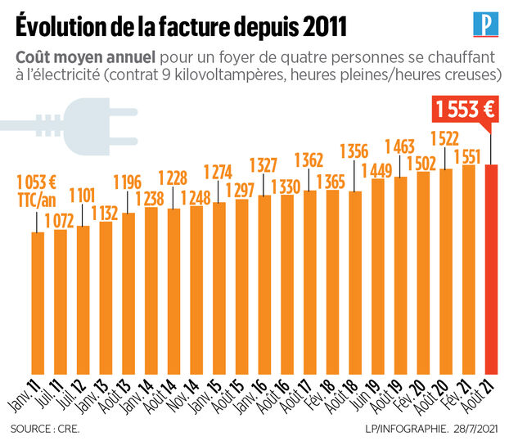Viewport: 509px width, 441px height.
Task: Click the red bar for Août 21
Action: click(x=492, y=266)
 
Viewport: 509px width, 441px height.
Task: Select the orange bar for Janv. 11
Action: click(x=38, y=299)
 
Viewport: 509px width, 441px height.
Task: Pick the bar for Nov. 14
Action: click(x=196, y=286)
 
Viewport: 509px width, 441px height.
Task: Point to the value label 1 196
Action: click(x=127, y=182)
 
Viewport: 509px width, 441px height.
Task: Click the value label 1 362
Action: click(x=309, y=159)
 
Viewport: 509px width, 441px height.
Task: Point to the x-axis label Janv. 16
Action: click(x=258, y=398)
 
